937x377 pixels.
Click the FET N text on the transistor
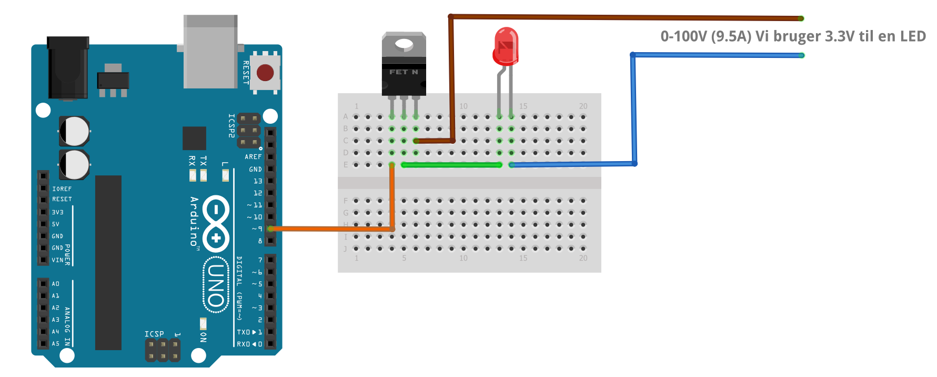[404, 72]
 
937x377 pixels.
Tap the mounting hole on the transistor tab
[404, 45]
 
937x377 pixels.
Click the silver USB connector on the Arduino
[210, 53]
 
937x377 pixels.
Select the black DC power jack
[68, 67]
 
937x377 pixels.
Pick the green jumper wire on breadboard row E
[451, 165]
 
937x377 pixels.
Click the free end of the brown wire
[800, 18]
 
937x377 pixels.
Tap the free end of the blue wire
[801, 55]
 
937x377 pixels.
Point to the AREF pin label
[253, 157]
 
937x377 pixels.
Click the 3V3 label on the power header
[57, 212]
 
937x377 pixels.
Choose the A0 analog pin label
[55, 284]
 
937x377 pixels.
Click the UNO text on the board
[216, 284]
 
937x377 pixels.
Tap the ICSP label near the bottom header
[154, 334]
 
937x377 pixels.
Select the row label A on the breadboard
[346, 116]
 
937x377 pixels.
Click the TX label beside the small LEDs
[204, 161]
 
